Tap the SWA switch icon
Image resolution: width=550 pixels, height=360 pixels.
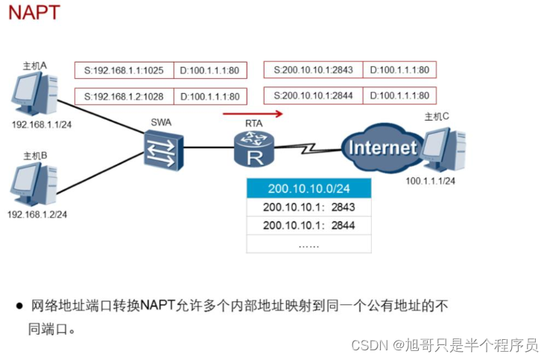[x=163, y=146]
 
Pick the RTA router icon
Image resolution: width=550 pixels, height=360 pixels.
[x=253, y=146]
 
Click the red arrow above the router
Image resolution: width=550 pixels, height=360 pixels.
[x=253, y=114]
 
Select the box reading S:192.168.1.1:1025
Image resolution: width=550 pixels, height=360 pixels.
[x=124, y=71]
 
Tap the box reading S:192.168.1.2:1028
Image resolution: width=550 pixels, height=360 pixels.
[x=124, y=96]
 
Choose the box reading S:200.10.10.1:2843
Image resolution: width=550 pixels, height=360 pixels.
[x=313, y=71]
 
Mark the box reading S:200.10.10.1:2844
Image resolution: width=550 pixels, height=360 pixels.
[x=313, y=96]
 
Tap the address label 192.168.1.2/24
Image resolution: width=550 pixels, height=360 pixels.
[x=37, y=215]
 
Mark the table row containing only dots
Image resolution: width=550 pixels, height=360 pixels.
[x=309, y=244]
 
